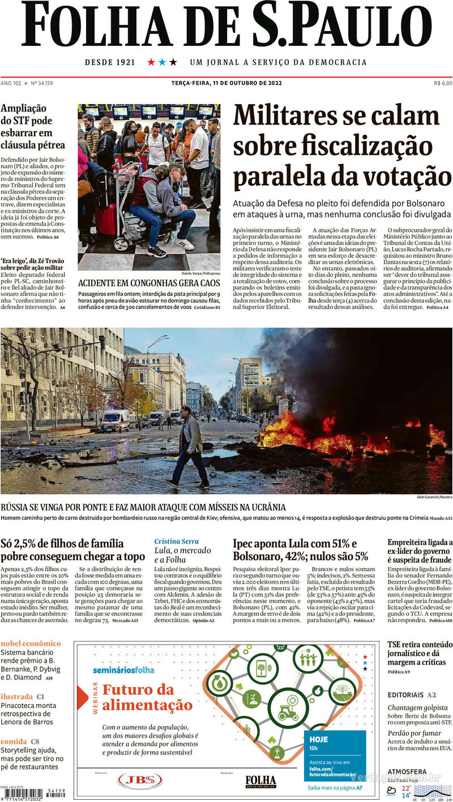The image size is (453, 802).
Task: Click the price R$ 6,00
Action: click(x=443, y=83)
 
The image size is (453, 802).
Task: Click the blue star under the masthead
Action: click(x=162, y=62)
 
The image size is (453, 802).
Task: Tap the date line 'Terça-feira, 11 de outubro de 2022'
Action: click(x=226, y=83)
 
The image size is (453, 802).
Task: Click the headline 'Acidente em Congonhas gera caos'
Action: click(x=148, y=283)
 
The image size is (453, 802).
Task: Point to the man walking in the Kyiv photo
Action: click(x=189, y=447)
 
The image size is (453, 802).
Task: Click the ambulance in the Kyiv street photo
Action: click(x=115, y=420)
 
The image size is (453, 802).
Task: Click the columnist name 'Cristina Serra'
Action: click(x=177, y=541)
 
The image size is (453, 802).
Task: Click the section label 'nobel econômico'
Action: click(x=31, y=643)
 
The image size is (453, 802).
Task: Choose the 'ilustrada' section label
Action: click(x=17, y=696)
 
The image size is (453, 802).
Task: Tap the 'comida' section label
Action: click(x=14, y=741)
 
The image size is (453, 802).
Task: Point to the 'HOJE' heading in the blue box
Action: click(x=319, y=739)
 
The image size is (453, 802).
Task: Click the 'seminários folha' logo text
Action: click(x=123, y=670)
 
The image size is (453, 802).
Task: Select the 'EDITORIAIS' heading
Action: click(x=405, y=695)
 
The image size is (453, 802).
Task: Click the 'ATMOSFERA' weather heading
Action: click(x=407, y=771)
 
